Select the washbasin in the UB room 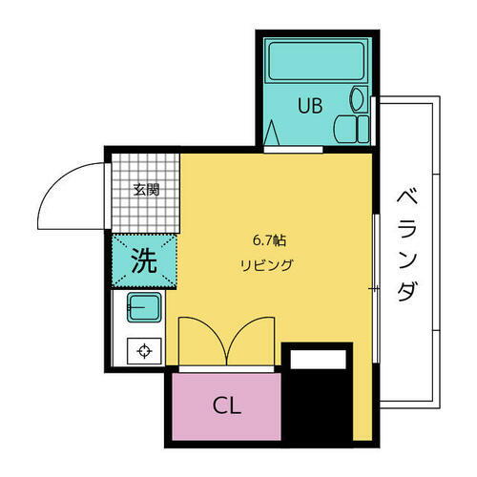coord(358,98)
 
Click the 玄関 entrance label coord(146,189)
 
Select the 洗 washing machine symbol coord(143,260)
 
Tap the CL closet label coord(227,405)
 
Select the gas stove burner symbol coord(144,350)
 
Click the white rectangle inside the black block coord(319,360)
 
